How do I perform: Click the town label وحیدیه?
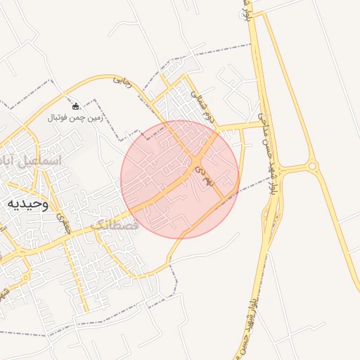[28, 204]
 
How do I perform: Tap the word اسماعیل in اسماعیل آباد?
[39, 161]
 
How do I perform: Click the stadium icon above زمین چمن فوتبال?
[76, 106]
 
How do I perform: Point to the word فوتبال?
[59, 117]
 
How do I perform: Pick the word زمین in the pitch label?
[94, 117]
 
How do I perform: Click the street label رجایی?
[122, 80]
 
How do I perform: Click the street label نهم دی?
[205, 172]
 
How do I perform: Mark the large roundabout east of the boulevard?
[312, 167]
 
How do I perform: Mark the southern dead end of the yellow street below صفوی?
[86, 311]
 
